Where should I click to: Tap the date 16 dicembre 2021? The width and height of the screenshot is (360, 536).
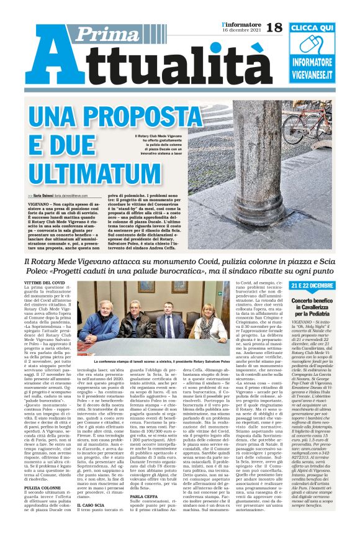[240, 30]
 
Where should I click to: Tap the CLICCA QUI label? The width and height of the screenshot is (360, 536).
[320, 29]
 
